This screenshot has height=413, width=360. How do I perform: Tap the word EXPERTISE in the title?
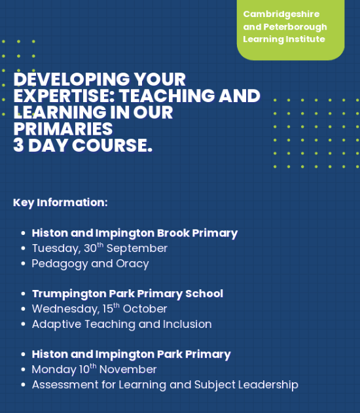(58, 96)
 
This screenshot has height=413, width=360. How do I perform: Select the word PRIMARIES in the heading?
(63, 128)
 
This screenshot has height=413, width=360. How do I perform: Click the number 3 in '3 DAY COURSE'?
(20, 145)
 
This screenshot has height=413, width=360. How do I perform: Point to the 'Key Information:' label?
(60, 202)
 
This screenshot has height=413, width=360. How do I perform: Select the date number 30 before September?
(90, 249)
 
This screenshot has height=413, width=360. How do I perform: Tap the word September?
(137, 249)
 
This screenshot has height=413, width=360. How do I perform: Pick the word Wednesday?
(61, 309)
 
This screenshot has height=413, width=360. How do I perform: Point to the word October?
(145, 309)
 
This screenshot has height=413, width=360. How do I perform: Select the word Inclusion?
(187, 324)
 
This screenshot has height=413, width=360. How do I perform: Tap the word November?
(128, 369)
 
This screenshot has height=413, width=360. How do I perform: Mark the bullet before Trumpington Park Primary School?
(24, 294)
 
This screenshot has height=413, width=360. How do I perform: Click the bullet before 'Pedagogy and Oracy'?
(24, 264)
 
